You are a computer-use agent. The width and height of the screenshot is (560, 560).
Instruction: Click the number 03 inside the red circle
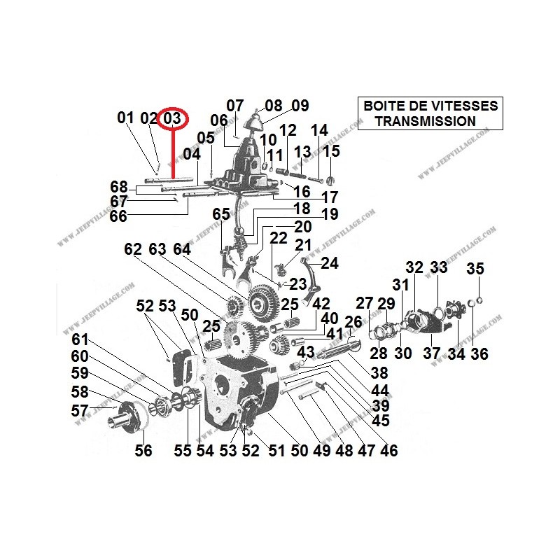(x=172, y=118)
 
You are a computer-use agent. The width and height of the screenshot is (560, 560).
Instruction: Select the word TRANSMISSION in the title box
(x=426, y=121)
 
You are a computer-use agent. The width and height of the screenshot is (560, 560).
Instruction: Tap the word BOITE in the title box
(x=381, y=106)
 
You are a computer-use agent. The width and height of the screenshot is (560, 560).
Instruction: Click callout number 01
(x=125, y=118)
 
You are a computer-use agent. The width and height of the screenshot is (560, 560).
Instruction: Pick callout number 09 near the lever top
(x=300, y=106)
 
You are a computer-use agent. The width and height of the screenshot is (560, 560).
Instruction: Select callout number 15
(x=331, y=151)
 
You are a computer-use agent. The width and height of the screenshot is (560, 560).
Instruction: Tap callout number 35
(x=475, y=269)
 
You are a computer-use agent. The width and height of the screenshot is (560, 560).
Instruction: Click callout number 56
(x=143, y=451)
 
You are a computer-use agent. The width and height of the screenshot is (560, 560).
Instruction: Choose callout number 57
(x=80, y=411)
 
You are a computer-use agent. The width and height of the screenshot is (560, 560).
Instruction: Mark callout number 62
(x=133, y=249)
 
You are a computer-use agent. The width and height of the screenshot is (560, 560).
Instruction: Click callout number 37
(x=432, y=354)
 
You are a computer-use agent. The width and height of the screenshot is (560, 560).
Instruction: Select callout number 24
(x=329, y=263)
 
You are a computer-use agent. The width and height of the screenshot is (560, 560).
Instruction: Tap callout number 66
(x=118, y=217)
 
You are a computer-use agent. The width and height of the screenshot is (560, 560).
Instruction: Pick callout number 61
(x=80, y=339)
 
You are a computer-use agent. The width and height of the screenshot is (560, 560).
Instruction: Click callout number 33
(x=438, y=267)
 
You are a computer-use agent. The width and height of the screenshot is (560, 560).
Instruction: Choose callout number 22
(x=279, y=239)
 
